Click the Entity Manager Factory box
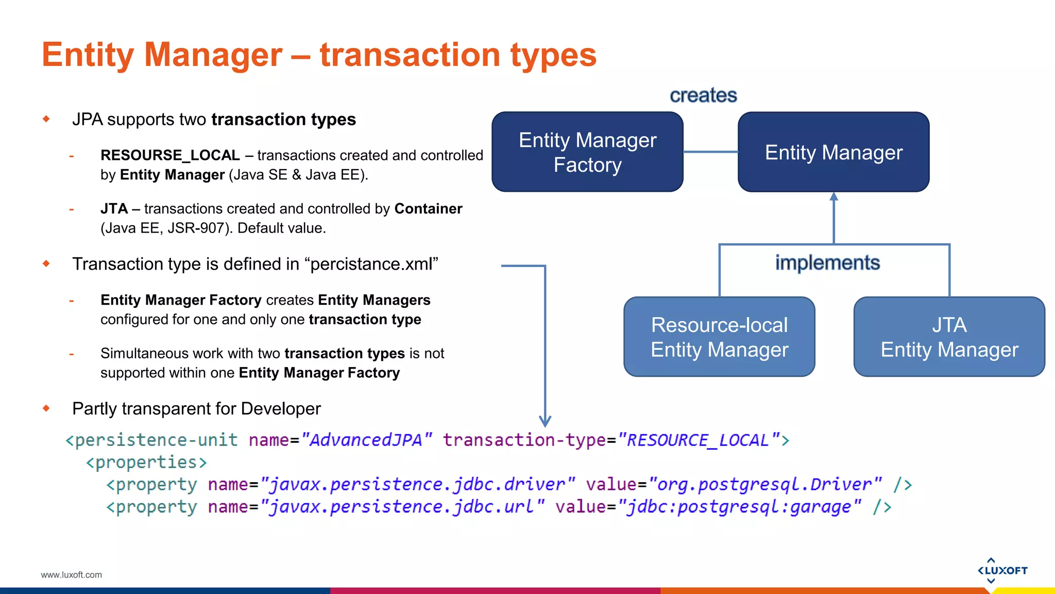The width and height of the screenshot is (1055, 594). (x=587, y=152)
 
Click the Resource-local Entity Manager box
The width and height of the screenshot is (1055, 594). (x=719, y=337)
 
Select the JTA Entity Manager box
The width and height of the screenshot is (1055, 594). (x=949, y=337)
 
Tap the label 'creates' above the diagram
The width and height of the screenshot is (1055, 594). (x=703, y=95)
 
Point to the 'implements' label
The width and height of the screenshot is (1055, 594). (x=827, y=263)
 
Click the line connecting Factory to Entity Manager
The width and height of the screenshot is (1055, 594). (x=710, y=152)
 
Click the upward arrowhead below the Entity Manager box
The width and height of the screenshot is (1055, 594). (x=834, y=197)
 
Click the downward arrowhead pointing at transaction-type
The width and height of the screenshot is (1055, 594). (x=545, y=421)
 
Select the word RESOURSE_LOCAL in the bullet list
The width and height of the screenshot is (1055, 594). (x=170, y=155)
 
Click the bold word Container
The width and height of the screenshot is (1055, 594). (x=428, y=209)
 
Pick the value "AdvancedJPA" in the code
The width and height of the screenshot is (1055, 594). (x=366, y=440)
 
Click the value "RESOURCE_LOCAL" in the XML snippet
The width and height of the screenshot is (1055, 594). (x=698, y=440)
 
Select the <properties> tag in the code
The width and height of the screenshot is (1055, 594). (x=146, y=462)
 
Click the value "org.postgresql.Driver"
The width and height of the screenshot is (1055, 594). (x=764, y=484)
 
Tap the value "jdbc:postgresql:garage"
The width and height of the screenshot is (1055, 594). (x=739, y=507)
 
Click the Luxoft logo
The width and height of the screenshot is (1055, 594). (x=1002, y=570)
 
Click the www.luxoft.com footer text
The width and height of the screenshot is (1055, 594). (x=72, y=575)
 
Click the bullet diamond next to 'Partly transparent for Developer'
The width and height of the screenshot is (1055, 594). (x=46, y=408)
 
